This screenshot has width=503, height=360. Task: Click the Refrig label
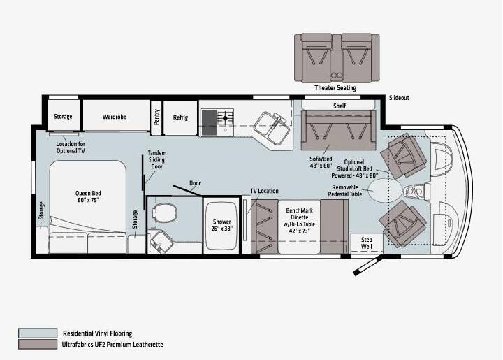pos(180,117)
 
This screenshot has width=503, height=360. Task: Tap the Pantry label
pos(156,117)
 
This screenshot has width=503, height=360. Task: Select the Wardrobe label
pos(114,117)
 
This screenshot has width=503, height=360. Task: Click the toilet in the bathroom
pos(165,212)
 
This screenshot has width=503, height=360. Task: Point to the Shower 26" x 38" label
pos(221,225)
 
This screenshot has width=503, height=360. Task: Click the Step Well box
pos(367,243)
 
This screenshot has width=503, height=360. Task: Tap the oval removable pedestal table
pos(384,191)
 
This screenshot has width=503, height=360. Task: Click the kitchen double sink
pos(272,127)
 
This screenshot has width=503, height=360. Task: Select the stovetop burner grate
pos(225,118)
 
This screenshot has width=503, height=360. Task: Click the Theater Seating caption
pos(335,87)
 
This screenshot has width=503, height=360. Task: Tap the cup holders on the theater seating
pos(337,75)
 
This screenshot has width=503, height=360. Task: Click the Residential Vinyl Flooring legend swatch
pos(38,333)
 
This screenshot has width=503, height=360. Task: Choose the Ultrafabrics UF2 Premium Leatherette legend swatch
pos(38,345)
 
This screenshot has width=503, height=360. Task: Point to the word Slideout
pos(399,98)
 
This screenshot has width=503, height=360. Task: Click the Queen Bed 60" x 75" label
pos(88,196)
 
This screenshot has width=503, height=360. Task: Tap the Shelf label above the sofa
pos(340,106)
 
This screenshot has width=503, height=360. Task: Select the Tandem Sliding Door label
pos(157,159)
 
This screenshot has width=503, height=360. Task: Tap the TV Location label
pos(264,191)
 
